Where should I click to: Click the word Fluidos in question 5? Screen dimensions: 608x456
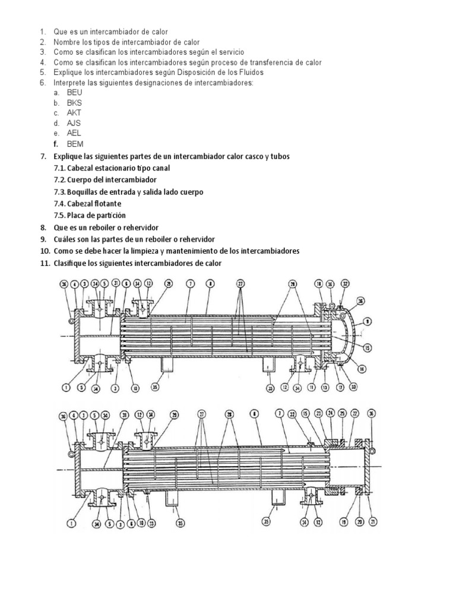[250, 72]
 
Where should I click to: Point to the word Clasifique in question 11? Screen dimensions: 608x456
[71, 263]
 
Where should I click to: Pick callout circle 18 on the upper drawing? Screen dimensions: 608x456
[318, 284]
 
